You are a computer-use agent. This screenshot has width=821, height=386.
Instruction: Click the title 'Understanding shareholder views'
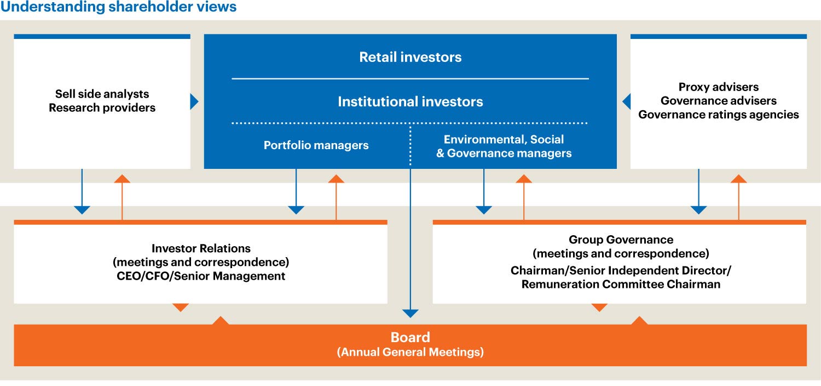pyautogui.click(x=119, y=7)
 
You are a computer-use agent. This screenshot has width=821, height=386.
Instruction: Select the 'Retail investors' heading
pyautogui.click(x=410, y=57)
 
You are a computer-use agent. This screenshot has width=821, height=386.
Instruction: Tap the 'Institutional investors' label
pyautogui.click(x=410, y=101)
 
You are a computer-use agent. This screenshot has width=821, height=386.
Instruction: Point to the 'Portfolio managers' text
pyautogui.click(x=316, y=145)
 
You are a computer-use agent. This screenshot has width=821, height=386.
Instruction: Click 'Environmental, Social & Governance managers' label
pyautogui.click(x=504, y=146)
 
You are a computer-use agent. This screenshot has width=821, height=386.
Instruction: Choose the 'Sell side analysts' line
pyautogui.click(x=102, y=94)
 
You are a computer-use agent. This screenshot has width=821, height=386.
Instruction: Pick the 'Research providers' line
pyautogui.click(x=102, y=107)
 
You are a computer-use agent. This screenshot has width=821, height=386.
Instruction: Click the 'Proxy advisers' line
pyautogui.click(x=719, y=87)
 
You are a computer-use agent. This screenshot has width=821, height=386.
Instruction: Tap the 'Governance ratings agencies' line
pyautogui.click(x=719, y=115)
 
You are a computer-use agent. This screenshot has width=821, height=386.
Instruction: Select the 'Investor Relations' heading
pyautogui.click(x=201, y=249)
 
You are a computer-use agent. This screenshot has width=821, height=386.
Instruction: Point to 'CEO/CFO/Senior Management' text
pyautogui.click(x=201, y=276)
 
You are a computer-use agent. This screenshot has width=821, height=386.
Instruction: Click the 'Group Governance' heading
pyautogui.click(x=621, y=240)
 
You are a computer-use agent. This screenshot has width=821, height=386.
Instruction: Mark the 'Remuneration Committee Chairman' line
pyautogui.click(x=621, y=284)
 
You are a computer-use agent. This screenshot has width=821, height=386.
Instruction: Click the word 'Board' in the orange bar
pyautogui.click(x=410, y=337)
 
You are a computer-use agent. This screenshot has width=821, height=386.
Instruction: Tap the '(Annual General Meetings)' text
pyautogui.click(x=410, y=352)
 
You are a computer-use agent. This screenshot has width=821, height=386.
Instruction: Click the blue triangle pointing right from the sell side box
pyautogui.click(x=194, y=101)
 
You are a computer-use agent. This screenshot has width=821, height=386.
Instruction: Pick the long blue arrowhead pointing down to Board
pyautogui.click(x=410, y=314)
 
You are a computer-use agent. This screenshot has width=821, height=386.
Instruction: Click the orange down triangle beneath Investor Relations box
pyautogui.click(x=181, y=308)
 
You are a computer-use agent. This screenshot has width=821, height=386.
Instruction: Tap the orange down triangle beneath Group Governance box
pyautogui.click(x=600, y=308)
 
